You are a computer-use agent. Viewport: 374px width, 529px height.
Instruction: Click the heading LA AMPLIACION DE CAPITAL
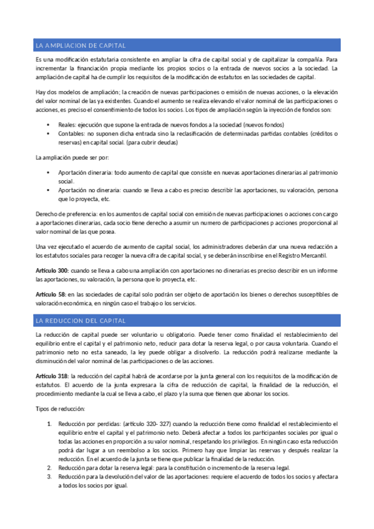[x=81, y=46]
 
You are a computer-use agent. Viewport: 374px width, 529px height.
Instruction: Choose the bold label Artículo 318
[x=52, y=376]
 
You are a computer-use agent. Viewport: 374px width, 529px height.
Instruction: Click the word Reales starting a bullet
[x=67, y=125]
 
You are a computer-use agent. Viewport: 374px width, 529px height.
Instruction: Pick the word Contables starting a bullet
[x=72, y=133]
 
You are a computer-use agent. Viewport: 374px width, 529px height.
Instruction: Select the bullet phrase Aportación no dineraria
[x=89, y=191]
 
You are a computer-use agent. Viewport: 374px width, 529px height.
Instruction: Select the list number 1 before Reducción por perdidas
[x=50, y=424]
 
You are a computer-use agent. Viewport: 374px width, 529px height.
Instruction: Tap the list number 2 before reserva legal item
[x=50, y=467]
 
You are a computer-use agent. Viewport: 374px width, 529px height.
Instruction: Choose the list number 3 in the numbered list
[x=50, y=476]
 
